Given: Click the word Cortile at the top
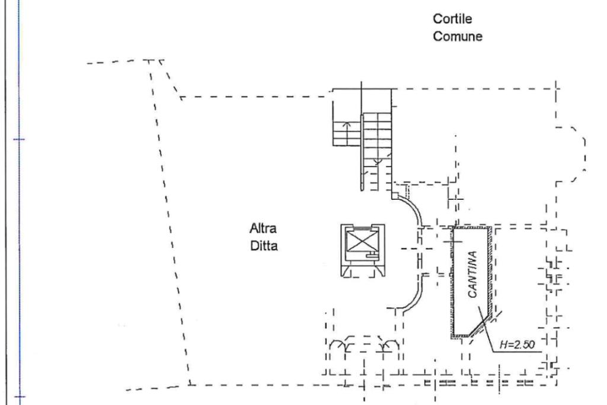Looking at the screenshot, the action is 452,18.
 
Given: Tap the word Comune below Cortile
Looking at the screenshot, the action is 458,36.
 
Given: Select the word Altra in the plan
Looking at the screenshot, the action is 263,228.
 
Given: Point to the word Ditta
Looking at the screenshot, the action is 264,245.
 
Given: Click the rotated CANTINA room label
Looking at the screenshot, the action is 472,274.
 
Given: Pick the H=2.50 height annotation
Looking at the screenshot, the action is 517,344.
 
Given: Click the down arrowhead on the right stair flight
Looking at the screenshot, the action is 378,161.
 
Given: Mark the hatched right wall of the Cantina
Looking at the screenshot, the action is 490,271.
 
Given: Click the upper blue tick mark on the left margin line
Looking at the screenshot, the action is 20,139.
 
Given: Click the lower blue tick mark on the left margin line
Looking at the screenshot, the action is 20,397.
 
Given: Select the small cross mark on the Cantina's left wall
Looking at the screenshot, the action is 453,242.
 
